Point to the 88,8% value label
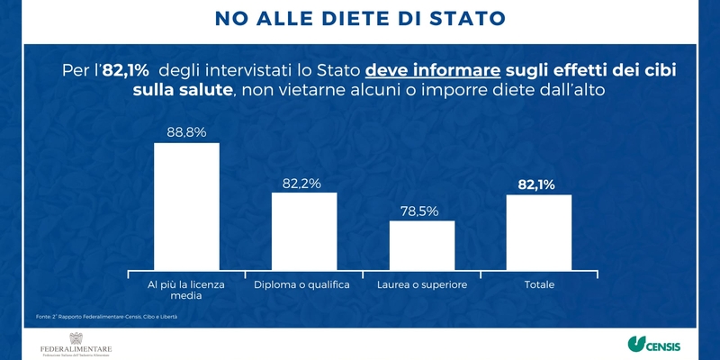pyautogui.click(x=186, y=131)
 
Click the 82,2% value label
pyautogui.click(x=301, y=183)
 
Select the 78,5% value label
pyautogui.click(x=418, y=211)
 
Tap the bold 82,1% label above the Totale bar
pyautogui.click(x=536, y=184)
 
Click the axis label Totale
pyautogui.click(x=539, y=285)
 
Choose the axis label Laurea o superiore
pyautogui.click(x=421, y=285)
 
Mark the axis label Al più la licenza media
pyautogui.click(x=186, y=291)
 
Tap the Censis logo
pyautogui.click(x=653, y=345)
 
